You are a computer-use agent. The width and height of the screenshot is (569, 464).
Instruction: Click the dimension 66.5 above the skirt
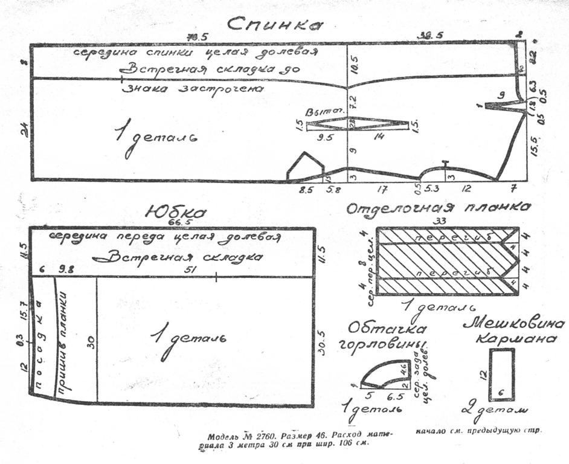[176, 223]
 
